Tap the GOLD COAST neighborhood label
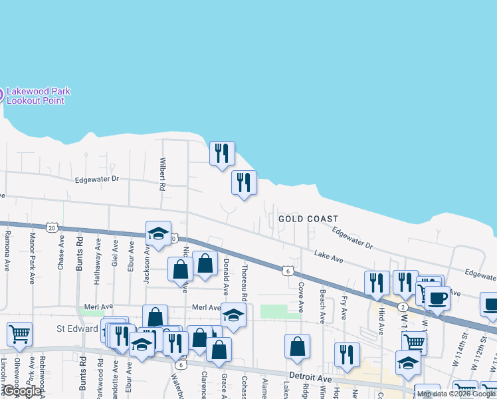(308, 219)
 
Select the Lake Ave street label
(328, 255)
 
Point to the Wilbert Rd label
(161, 174)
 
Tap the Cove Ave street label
(300, 297)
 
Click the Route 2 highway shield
(403, 307)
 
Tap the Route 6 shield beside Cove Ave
(287, 271)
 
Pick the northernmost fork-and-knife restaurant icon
(222, 153)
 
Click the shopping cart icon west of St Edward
(19, 334)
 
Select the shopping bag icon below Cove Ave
(297, 346)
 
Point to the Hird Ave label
(381, 321)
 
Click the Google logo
(23, 392)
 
